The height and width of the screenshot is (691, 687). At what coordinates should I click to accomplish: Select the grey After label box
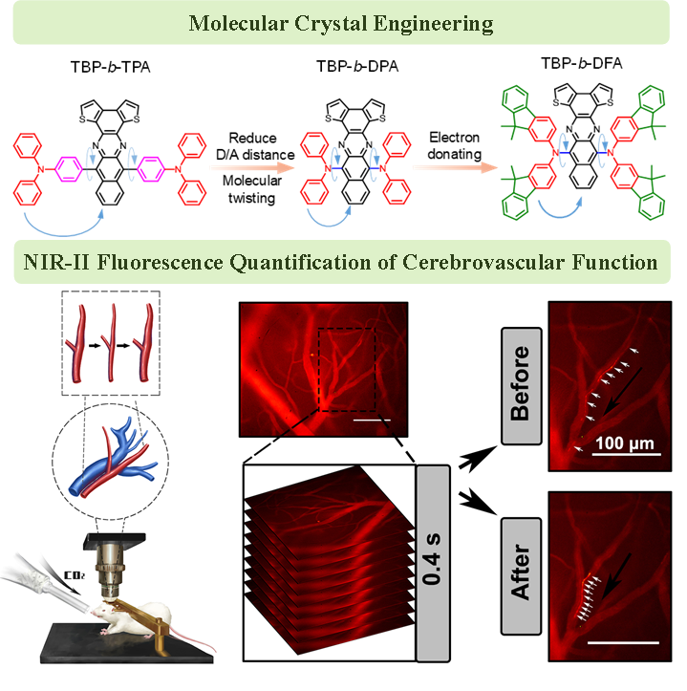(x=521, y=574)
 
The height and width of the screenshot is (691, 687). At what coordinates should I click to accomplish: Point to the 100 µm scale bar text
(x=625, y=443)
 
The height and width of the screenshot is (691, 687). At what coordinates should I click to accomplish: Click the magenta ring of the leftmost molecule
(x=70, y=171)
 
